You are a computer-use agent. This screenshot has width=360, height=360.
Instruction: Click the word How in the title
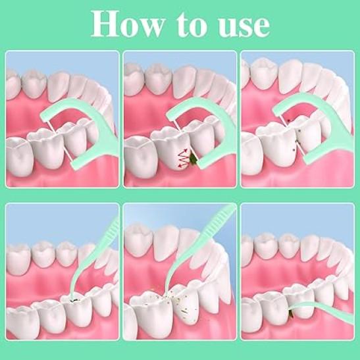tap(128, 24)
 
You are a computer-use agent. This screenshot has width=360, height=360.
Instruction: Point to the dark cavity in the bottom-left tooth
tap(74, 299)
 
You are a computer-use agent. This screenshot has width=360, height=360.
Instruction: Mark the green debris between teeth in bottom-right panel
tap(292, 314)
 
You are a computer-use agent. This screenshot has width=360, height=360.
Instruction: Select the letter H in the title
tap(105, 24)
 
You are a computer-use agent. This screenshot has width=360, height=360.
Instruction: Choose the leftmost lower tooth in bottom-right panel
tap(251, 317)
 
